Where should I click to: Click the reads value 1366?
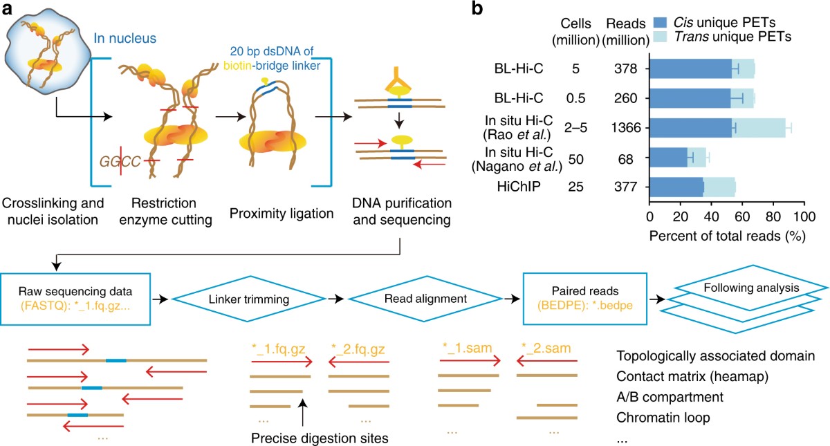click(x=626, y=128)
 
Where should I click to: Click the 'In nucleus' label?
click(x=125, y=39)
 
